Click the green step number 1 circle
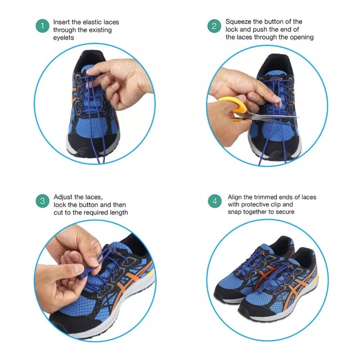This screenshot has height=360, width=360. tap(42, 26)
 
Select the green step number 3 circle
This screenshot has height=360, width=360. tap(42, 201)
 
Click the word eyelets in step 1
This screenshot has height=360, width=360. tap(63, 38)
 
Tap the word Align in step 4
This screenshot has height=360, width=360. tap(235, 197)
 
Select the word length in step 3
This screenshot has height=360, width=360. tap(118, 212)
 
